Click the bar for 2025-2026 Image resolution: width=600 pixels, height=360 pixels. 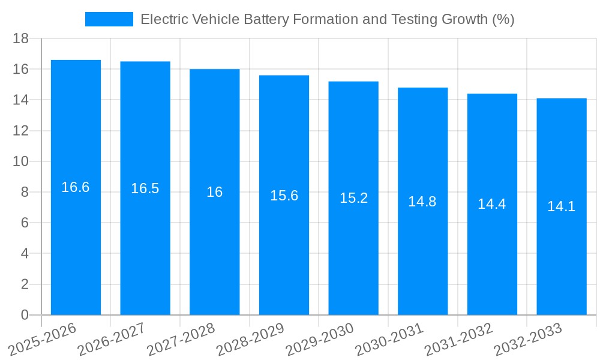(76, 240)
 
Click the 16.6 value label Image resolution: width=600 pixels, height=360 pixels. (76, 187)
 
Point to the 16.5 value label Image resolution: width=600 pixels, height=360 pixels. (145, 188)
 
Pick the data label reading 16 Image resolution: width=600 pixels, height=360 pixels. (214, 192)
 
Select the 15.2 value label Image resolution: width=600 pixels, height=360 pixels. (353, 198)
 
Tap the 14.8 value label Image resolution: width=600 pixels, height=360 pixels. (422, 202)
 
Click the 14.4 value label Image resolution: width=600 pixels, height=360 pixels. (492, 204)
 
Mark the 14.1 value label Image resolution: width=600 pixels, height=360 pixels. (561, 206)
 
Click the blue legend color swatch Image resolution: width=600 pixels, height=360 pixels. (109, 19)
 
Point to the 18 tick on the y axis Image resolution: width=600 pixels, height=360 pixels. (21, 38)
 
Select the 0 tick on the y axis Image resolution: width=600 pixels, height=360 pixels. (25, 315)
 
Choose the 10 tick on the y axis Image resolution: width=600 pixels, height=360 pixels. (21, 161)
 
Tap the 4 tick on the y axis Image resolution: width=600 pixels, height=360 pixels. (25, 254)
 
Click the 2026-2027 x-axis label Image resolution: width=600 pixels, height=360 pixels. (112, 339)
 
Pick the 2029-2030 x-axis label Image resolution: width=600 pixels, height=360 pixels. (320, 339)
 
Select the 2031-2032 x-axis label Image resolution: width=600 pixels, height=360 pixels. (458, 339)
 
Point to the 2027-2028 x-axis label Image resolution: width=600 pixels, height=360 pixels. (181, 339)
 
